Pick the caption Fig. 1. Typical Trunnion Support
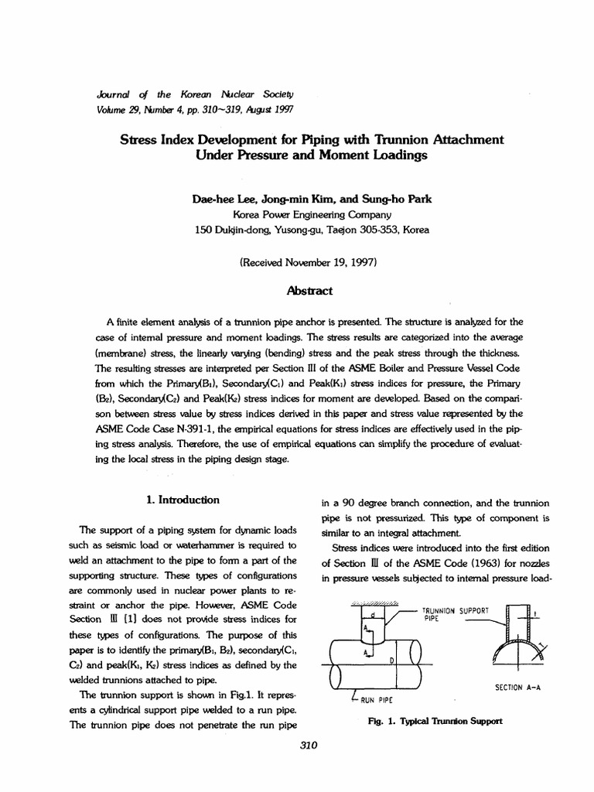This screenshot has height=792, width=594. pyautogui.click(x=426, y=722)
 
